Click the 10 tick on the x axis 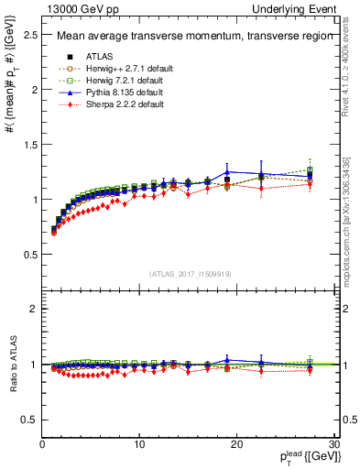coord(139,445)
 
